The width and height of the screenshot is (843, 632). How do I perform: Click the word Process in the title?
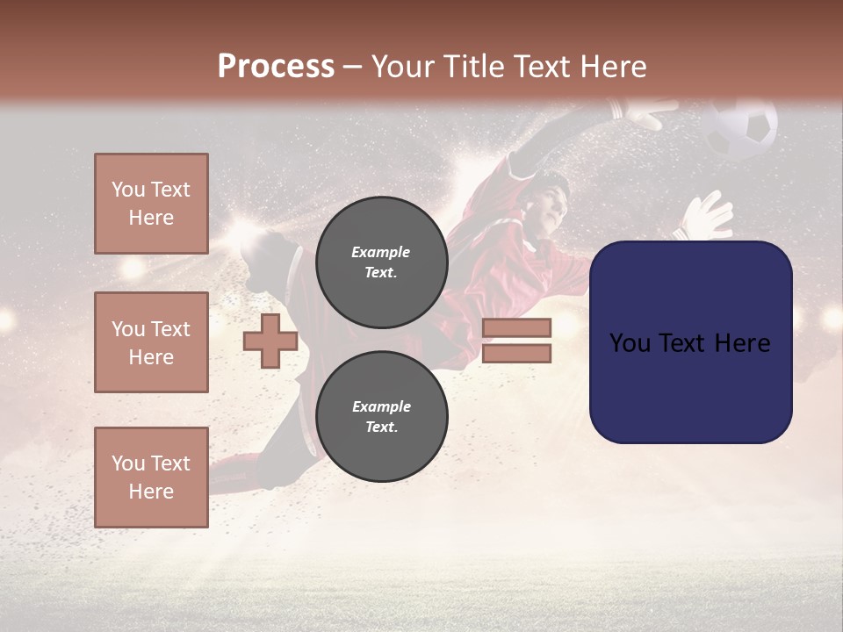coord(276,67)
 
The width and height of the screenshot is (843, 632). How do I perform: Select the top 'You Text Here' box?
coord(151,204)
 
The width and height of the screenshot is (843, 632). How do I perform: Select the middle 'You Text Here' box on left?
coord(151,342)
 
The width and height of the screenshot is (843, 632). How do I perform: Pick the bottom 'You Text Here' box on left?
coord(151,477)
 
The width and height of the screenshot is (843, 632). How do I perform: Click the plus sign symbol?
coord(270,341)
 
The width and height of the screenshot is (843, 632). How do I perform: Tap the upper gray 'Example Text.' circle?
coord(381,262)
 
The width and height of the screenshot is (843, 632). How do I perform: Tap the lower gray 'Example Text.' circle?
coord(381,416)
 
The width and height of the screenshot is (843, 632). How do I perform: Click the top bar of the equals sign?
coord(516,327)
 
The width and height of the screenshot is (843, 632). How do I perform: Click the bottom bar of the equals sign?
coord(516,354)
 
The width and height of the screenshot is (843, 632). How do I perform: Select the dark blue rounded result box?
coord(690,341)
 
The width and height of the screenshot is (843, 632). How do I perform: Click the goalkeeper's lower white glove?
coord(709,216)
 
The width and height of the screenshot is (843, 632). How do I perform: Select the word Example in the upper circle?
coord(381,252)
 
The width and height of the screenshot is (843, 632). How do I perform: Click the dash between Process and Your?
coord(353,67)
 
